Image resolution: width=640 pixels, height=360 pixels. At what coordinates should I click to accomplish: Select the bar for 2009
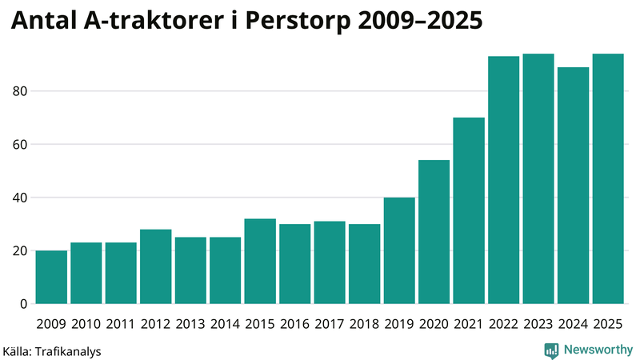coord(51,278)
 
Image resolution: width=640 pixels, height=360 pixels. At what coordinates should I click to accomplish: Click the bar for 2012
coord(155,267)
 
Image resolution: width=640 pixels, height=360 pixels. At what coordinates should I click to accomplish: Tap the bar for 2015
coord(260,262)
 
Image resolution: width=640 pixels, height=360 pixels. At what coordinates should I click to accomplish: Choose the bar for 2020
coord(434,232)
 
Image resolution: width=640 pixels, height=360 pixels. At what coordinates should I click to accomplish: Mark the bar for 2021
coord(469,211)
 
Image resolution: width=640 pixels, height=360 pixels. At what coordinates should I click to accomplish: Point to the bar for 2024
coord(573,186)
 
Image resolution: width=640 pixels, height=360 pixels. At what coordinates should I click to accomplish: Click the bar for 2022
coord(503,181)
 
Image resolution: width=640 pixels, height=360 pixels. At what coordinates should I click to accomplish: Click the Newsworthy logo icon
coord(551,350)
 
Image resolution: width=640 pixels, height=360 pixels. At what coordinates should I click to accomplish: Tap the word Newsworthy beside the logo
coord(598,350)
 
